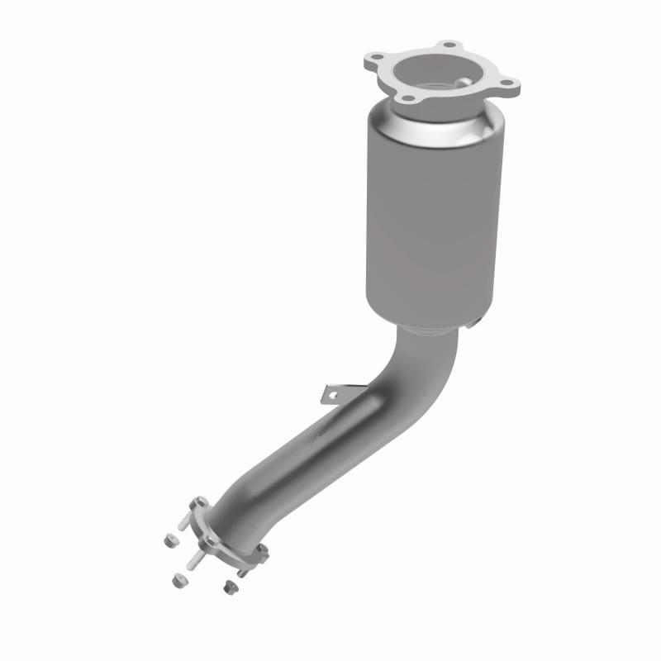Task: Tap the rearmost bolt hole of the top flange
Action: coord(449,45)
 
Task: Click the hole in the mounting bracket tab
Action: coord(333,396)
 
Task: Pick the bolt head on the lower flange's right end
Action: coord(263,550)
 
